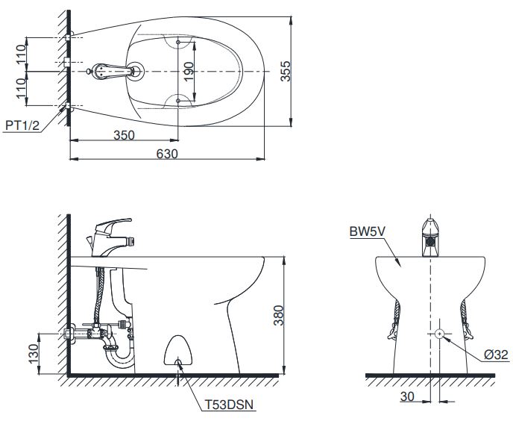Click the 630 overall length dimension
coord(167,153)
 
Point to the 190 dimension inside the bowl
coord(189,71)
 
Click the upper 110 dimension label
coord(22,53)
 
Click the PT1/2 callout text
coord(22,126)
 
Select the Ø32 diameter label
coord(494,355)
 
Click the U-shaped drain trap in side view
coord(122,358)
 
